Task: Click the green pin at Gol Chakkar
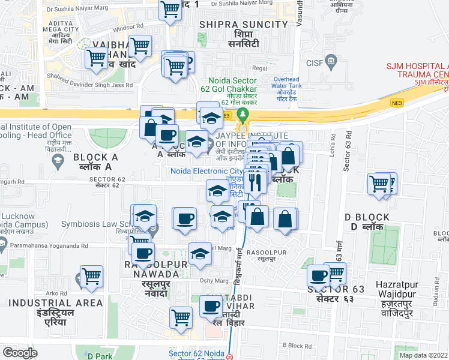(243, 114)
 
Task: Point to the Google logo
(20, 352)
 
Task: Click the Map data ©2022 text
(423, 355)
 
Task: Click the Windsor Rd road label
(128, 27)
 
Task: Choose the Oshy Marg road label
(214, 280)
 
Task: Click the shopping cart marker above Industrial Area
(92, 276)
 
